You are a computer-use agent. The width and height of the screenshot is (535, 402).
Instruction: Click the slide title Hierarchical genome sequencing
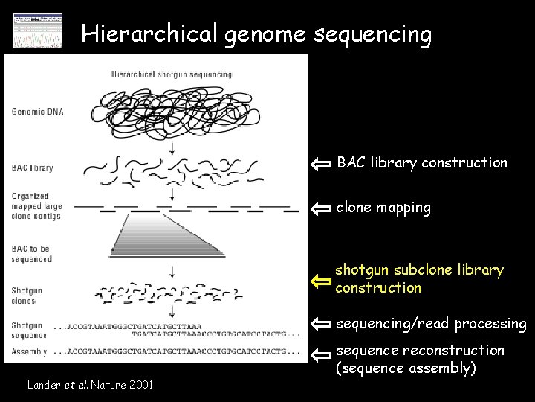coord(256,33)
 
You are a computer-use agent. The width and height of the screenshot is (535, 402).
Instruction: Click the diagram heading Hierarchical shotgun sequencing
coord(172,74)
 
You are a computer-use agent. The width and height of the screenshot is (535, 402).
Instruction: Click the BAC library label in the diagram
coord(32,168)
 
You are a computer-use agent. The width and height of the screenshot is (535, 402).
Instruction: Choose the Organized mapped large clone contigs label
coord(36,206)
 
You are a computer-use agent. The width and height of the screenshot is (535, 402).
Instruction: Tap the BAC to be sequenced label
coord(32,254)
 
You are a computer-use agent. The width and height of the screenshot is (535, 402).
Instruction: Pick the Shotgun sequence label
coord(28,330)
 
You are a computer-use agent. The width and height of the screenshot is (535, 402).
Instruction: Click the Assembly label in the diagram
coord(30,351)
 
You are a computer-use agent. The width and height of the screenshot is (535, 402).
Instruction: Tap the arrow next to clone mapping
coord(321,209)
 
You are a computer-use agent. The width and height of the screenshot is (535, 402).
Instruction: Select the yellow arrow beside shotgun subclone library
coord(321,281)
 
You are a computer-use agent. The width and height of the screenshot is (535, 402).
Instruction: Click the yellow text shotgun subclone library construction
coord(419,278)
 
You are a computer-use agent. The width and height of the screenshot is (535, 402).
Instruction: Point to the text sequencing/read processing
coord(431,324)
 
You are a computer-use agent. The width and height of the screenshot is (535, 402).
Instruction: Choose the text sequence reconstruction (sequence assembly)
coord(420,359)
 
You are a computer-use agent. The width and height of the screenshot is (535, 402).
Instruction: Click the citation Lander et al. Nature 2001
coord(90,385)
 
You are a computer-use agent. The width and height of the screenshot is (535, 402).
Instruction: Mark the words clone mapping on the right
coord(383,208)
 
